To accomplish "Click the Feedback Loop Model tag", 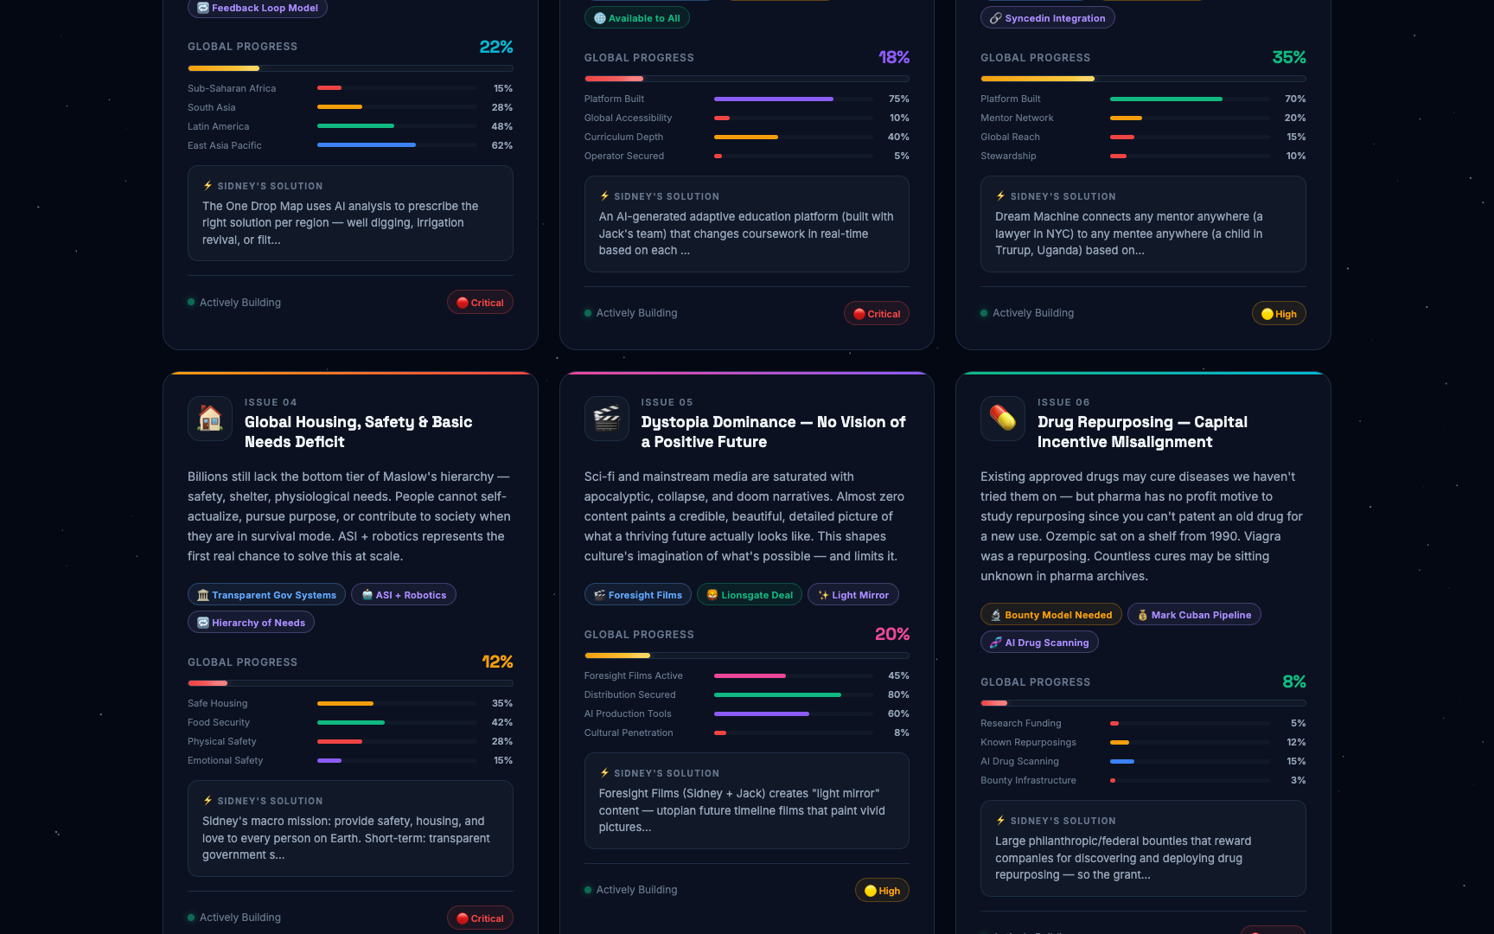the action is pos(258,8).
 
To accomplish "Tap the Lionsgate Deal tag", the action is pos(750,595).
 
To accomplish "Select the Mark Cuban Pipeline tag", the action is pos(1194,615).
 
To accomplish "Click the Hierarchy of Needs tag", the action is pos(251,623).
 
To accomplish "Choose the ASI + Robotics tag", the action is pos(404,595).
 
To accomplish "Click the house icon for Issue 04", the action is pos(210,419).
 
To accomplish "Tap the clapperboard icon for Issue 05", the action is pos(607,419).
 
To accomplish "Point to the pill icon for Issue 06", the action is pos(1003,419).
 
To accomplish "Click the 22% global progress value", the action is pos(496,47).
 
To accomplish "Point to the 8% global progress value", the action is pos(1294,681).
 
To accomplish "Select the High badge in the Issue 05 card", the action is pos(882,891).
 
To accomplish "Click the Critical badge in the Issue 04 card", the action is pos(480,918).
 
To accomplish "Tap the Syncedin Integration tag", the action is pos(1048,18).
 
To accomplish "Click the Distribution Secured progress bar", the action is pos(794,694).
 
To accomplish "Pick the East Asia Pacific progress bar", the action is pos(398,145).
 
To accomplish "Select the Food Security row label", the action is pos(219,722).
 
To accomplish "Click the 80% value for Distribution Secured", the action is pos(898,694).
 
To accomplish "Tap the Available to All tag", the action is pos(637,18).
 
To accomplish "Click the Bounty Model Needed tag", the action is pos(1051,615).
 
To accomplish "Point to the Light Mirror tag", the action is pos(853,595).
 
